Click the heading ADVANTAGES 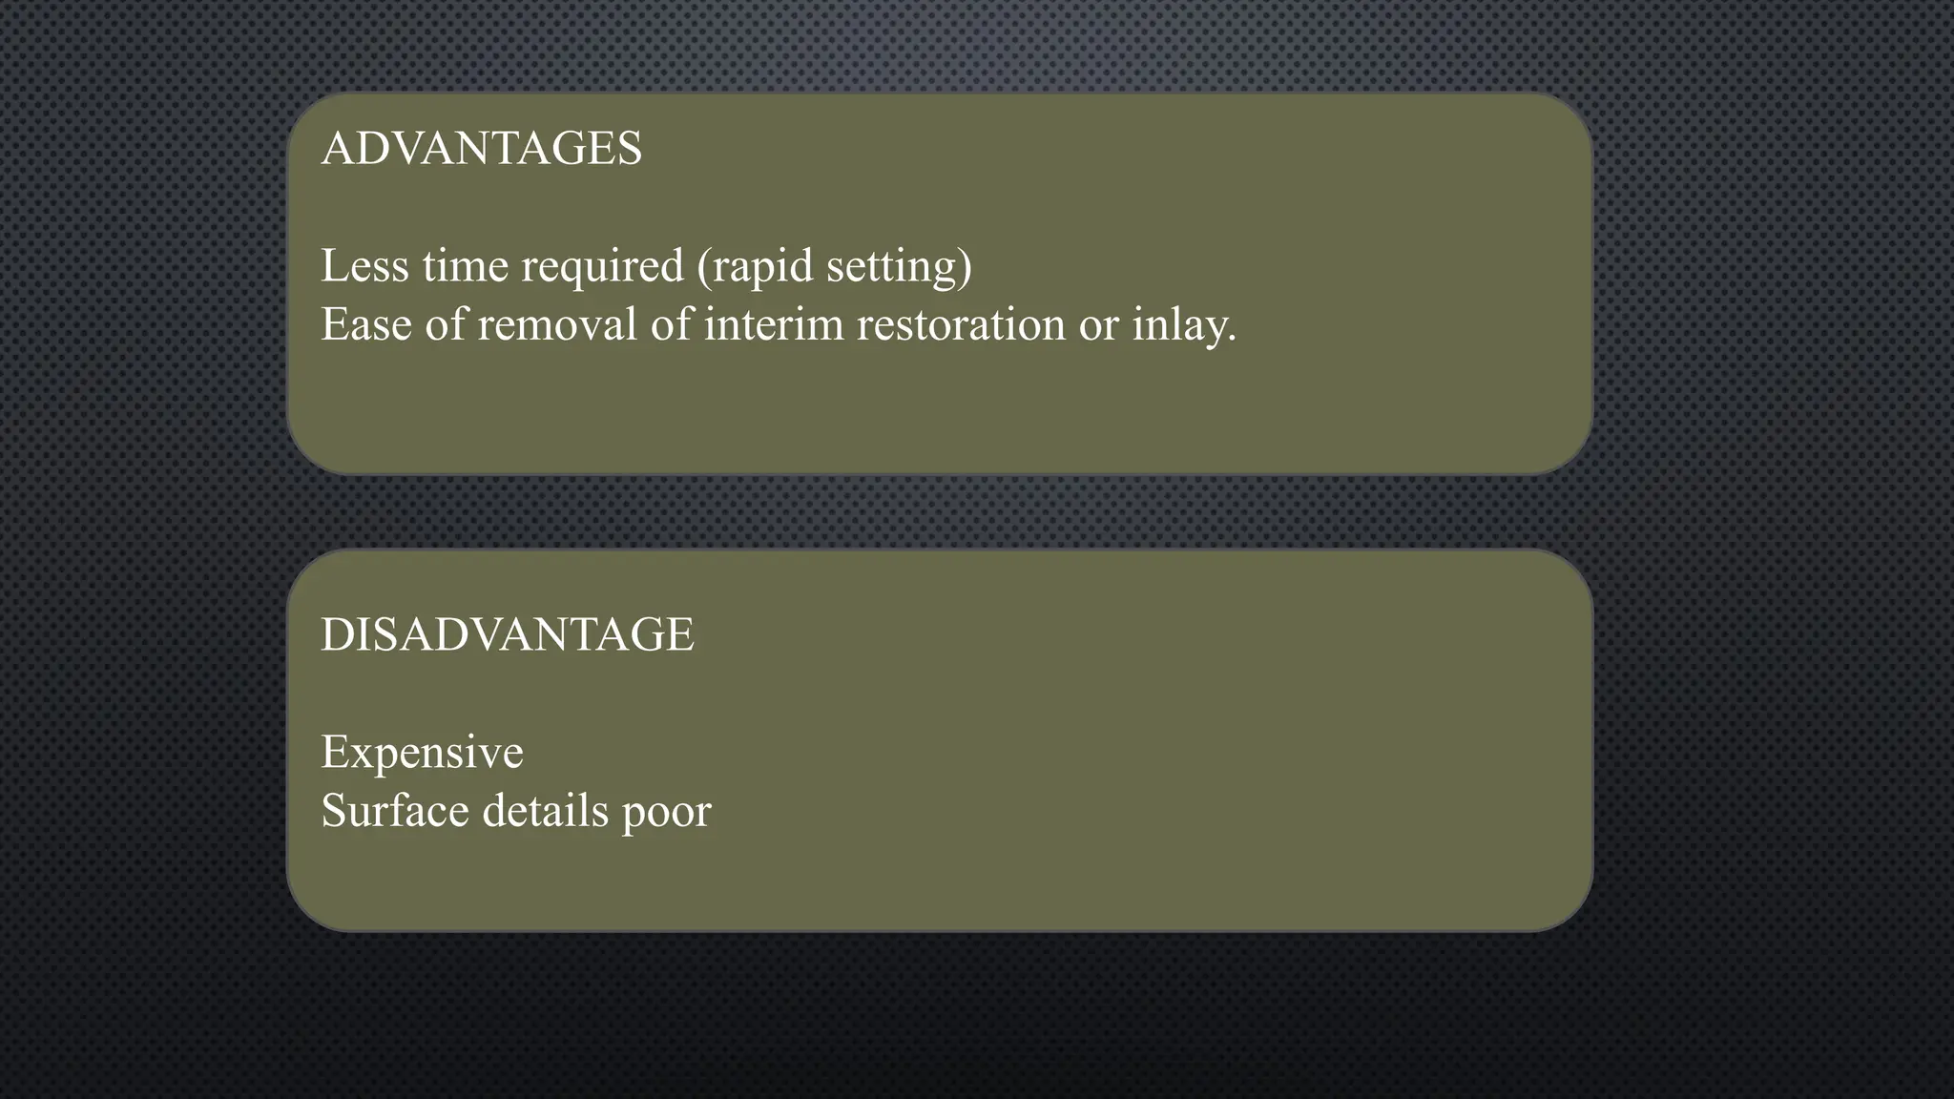coord(482,149)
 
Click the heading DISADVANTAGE coord(508,635)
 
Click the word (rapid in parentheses coord(754,267)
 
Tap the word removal coord(556,324)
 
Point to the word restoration coord(961,324)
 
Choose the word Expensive coord(422,754)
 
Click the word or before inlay coord(1098,326)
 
